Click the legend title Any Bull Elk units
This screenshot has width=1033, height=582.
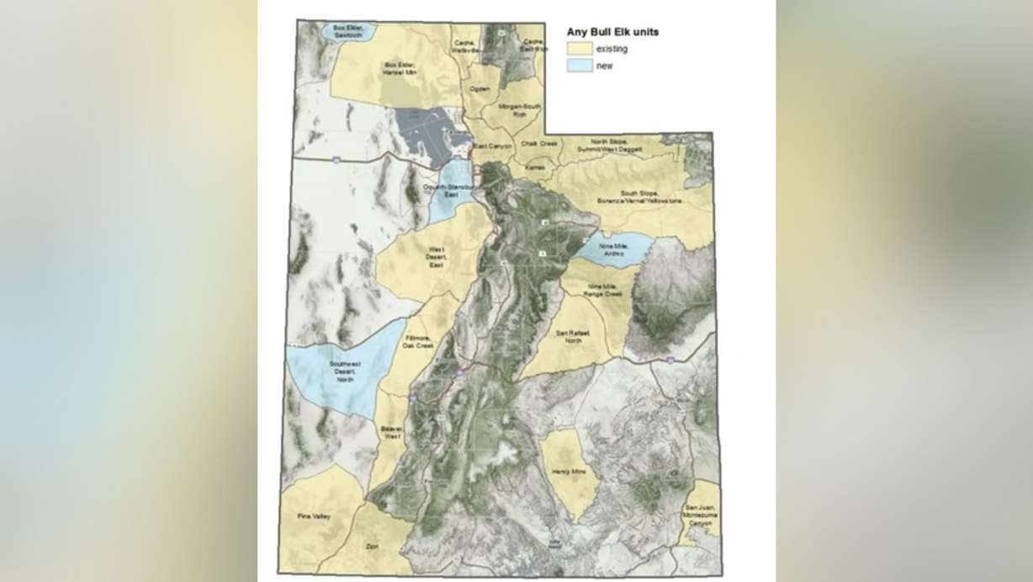(612, 32)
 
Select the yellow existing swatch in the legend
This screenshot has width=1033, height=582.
(579, 49)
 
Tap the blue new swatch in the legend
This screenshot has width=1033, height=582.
(579, 66)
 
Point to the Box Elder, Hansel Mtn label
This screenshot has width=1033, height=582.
(401, 67)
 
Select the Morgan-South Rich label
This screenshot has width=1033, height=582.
(520, 110)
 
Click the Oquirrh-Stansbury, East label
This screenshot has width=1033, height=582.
(451, 191)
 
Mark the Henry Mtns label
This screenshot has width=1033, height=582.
(564, 474)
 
